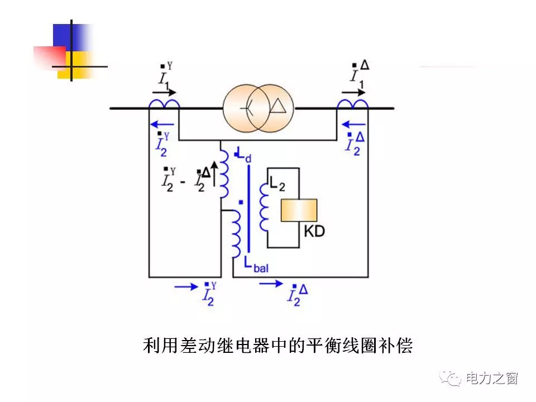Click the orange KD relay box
pos(299,210)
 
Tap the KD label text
pos(314,231)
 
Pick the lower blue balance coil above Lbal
pos(235,234)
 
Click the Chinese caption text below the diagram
pos(277,346)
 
